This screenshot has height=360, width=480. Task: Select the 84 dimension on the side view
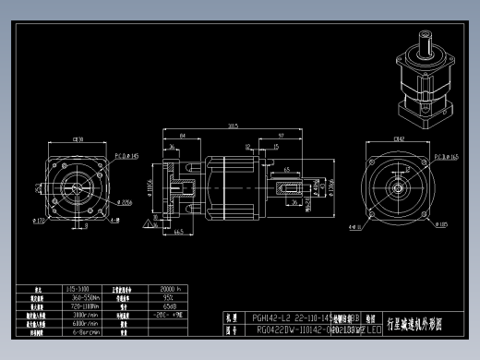(184, 136)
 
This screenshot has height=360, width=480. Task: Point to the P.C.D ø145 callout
(126, 157)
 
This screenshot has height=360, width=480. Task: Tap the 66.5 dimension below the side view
(175, 232)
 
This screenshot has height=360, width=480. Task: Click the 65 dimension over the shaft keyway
(287, 170)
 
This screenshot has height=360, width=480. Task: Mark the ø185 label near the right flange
(444, 223)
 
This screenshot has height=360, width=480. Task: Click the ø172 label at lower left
(39, 222)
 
